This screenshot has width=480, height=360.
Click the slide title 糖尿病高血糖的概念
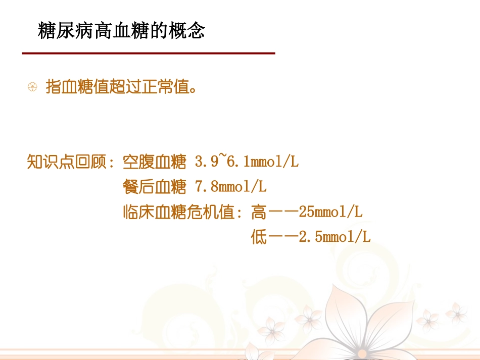pyautogui.click(x=122, y=31)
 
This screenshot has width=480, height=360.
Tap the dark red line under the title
pyautogui.click(x=149, y=53)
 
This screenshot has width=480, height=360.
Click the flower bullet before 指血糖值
pyautogui.click(x=32, y=87)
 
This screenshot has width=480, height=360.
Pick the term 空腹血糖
pyautogui.click(x=155, y=162)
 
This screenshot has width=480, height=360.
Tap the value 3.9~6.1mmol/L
pyautogui.click(x=247, y=162)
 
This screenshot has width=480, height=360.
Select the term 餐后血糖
pyautogui.click(x=155, y=187)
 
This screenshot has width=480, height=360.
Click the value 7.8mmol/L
pyautogui.click(x=230, y=187)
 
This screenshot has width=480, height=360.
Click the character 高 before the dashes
pyautogui.click(x=259, y=212)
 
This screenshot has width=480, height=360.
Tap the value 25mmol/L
pyautogui.click(x=330, y=212)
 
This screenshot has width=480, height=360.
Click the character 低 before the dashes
pyautogui.click(x=259, y=237)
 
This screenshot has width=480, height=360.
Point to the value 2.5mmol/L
pyautogui.click(x=334, y=237)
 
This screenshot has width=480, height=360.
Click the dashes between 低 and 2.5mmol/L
pyautogui.click(x=283, y=237)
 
